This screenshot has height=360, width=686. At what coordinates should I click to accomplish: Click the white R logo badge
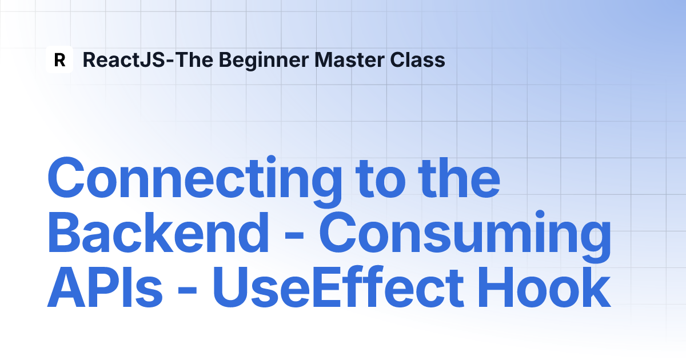(x=59, y=59)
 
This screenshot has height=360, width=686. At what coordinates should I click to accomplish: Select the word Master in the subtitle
(x=349, y=59)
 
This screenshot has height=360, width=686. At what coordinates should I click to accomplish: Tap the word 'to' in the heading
(x=381, y=179)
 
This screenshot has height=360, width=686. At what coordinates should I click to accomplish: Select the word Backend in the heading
(x=158, y=232)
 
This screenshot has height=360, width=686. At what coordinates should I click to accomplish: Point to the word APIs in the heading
(x=105, y=287)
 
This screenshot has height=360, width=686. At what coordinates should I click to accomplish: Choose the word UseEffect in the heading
(x=338, y=286)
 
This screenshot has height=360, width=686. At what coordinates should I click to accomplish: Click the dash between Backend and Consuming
(x=294, y=237)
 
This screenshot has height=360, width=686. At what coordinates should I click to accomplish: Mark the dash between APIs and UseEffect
(x=187, y=290)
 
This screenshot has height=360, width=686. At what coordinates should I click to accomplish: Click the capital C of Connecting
(x=66, y=178)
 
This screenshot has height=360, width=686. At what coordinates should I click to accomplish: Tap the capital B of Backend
(x=65, y=233)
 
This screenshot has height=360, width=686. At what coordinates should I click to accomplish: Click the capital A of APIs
(x=66, y=287)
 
